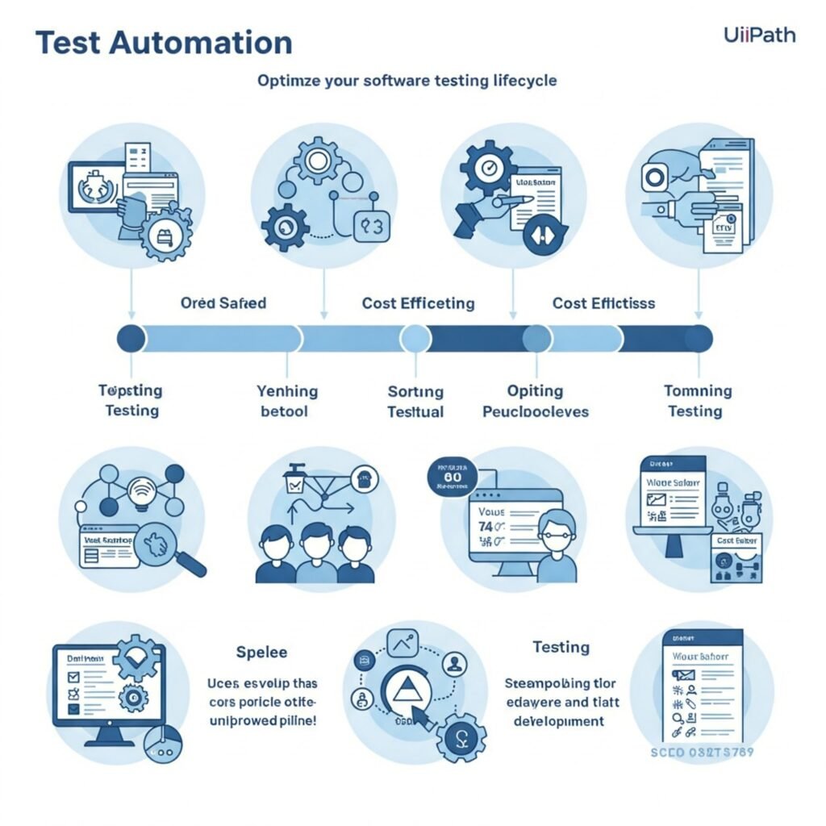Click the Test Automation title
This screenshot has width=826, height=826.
(164, 43)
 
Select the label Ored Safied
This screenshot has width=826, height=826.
(223, 303)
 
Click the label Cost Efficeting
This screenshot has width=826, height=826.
(418, 303)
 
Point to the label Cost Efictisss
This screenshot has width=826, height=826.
(603, 303)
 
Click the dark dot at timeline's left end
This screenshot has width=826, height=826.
(130, 338)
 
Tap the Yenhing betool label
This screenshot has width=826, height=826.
(287, 401)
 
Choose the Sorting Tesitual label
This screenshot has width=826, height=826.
(415, 401)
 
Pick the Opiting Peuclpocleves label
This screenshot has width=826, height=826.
(535, 401)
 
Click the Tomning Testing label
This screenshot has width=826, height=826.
(698, 401)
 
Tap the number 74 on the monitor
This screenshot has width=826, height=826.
(486, 526)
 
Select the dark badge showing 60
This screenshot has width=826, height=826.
(453, 477)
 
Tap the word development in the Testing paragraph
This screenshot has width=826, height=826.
(559, 720)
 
